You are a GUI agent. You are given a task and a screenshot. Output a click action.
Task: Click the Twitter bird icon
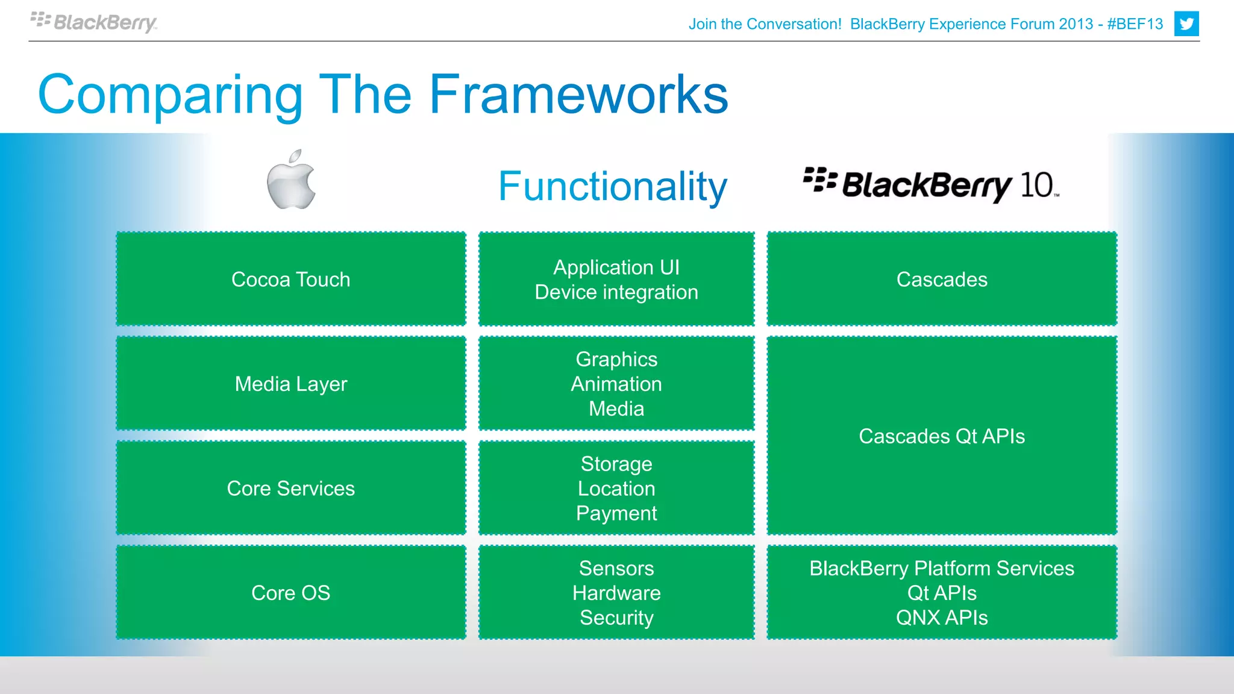[x=1186, y=24]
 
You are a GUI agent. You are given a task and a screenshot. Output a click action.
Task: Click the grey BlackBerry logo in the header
[x=94, y=22]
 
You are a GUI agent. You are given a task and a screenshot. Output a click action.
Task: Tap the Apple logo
[x=292, y=180]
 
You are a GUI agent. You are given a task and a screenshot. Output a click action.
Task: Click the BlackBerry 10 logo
[x=931, y=184]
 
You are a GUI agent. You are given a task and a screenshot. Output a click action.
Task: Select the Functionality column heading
[x=612, y=186]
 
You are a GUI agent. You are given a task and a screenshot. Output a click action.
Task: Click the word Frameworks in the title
[x=578, y=95]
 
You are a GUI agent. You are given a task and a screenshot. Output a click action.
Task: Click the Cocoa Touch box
[x=290, y=280]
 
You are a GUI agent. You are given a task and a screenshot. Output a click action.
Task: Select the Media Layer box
[x=290, y=384]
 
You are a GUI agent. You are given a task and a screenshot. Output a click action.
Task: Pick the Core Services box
[x=290, y=489]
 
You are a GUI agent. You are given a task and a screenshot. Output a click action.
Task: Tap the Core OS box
[x=290, y=593]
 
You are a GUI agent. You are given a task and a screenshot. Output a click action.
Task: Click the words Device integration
[x=616, y=292]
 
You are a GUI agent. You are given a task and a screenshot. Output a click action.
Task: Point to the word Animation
[x=616, y=384]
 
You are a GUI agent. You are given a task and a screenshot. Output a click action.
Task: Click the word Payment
[x=616, y=513]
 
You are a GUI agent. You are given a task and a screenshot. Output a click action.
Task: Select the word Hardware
[x=616, y=593]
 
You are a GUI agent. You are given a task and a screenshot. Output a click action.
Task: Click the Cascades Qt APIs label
[x=941, y=436]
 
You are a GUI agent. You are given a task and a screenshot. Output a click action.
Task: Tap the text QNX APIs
[x=941, y=617]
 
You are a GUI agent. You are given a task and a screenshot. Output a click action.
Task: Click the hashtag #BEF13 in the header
[x=1135, y=24]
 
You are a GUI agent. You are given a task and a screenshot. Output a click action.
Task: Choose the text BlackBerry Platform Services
[x=941, y=568]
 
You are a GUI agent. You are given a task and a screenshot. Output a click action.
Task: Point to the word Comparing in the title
[x=171, y=95]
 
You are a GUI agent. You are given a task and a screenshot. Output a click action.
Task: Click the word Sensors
[x=616, y=568]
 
